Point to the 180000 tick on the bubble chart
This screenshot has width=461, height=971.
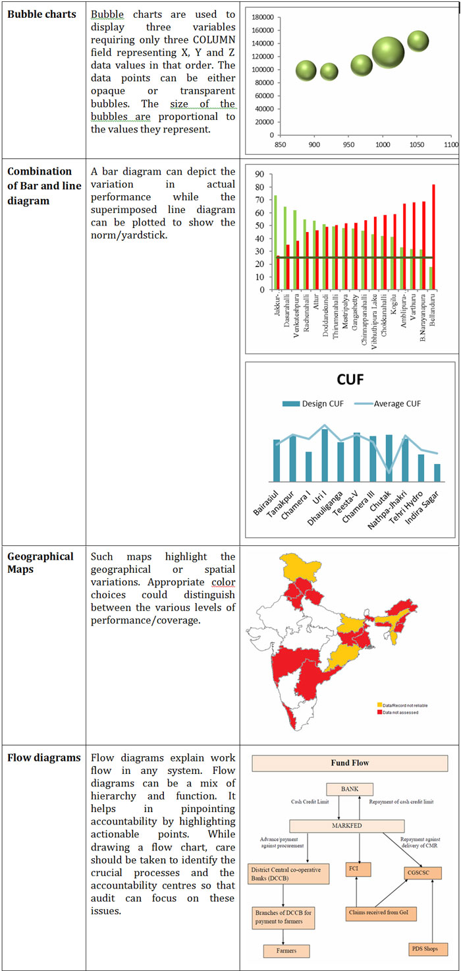pos(263,17)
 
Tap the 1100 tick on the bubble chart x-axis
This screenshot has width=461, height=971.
pos(451,144)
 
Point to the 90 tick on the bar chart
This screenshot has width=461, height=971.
pos(259,174)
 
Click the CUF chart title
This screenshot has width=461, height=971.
pos(350,381)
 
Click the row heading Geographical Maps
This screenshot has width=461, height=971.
pos(40,562)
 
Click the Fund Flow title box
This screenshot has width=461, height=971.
pos(350,763)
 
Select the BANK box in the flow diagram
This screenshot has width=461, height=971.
pos(350,789)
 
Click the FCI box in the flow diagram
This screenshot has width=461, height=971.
pos(358,869)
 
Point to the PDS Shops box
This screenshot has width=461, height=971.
pos(428,950)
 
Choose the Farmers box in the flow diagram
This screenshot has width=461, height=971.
pos(286,951)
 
